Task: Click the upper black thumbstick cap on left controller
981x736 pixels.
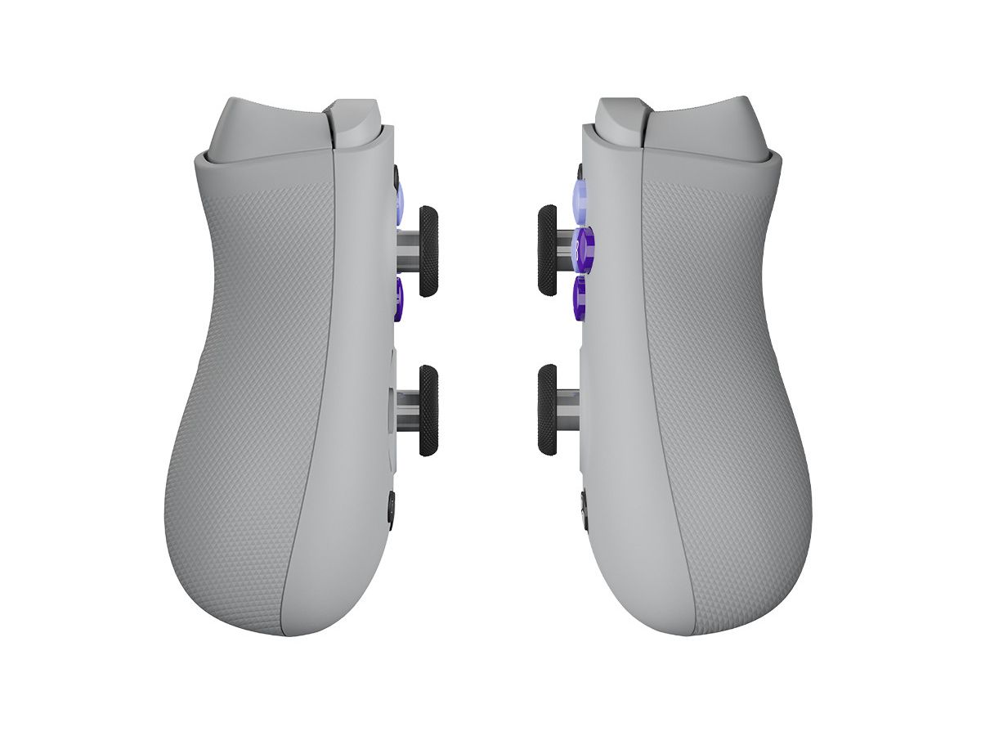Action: point(428,251)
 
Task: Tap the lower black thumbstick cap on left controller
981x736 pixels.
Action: point(428,410)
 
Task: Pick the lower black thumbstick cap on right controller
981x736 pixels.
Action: point(547,410)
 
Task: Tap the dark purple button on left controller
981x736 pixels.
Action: point(399,298)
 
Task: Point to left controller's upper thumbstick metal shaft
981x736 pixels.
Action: point(408,252)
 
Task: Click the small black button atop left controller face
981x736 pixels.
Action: point(396,175)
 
